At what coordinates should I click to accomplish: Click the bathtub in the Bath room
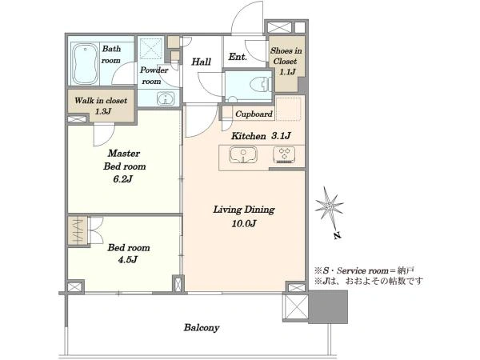(x=85, y=64)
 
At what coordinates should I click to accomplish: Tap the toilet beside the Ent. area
(x=261, y=85)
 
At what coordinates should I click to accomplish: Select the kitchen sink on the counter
(x=243, y=154)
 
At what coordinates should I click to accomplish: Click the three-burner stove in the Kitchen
(x=284, y=154)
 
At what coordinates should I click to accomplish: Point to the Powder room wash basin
(x=166, y=98)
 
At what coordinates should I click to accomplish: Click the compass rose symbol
(x=329, y=206)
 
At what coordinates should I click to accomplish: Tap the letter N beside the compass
(x=337, y=235)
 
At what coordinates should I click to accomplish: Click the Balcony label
(x=202, y=327)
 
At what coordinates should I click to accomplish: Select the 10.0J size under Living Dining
(x=244, y=224)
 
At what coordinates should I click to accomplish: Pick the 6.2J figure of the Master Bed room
(x=122, y=179)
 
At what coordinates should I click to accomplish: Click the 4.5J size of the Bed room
(x=128, y=260)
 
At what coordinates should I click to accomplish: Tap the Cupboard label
(x=254, y=114)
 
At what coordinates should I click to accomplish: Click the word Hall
(x=201, y=62)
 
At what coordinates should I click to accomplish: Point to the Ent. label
(x=238, y=57)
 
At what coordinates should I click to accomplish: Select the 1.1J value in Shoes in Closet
(x=287, y=72)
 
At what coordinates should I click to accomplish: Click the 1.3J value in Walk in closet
(x=103, y=111)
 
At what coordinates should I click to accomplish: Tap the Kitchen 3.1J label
(x=261, y=136)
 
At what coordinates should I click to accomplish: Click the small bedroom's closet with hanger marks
(x=78, y=230)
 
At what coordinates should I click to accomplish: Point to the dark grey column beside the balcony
(x=328, y=306)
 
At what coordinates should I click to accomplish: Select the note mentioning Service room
(x=364, y=270)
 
